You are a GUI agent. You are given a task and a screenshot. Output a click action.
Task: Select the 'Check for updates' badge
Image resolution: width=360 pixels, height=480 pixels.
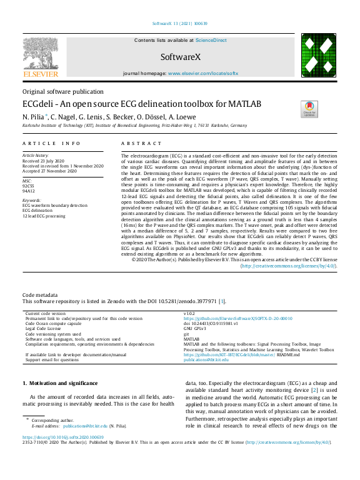309,108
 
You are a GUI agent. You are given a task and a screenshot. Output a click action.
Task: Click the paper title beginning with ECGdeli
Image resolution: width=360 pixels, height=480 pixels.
141,104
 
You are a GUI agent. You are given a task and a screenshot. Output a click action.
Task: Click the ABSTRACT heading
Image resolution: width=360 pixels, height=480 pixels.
136,143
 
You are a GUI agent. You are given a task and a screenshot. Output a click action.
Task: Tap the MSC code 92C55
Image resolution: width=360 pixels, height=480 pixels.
28,186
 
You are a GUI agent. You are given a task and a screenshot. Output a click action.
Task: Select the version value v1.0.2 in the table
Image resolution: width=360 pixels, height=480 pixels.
189,312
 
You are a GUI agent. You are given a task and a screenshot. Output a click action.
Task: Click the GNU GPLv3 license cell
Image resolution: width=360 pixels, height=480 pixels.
194,328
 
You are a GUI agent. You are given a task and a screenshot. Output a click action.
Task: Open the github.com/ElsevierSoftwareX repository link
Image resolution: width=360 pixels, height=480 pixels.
229,318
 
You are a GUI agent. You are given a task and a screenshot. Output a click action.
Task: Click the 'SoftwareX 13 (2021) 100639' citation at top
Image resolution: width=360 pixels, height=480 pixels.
180,25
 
